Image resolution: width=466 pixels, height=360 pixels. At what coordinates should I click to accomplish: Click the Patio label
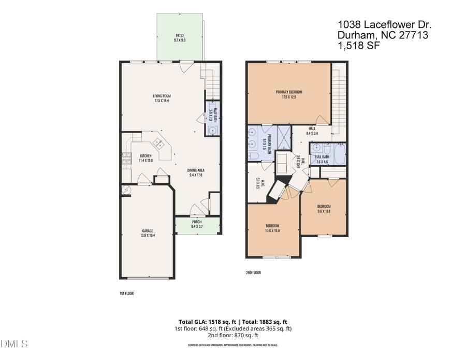[179, 37]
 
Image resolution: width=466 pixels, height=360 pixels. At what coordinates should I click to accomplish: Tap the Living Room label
[162, 98]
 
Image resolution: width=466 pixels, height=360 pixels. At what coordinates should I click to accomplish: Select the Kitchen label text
[145, 158]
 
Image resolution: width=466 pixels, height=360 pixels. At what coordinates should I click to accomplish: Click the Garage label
[148, 233]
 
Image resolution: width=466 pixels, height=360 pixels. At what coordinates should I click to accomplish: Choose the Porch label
[197, 224]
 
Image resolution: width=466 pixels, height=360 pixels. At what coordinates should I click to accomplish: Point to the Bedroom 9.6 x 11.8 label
[324, 208]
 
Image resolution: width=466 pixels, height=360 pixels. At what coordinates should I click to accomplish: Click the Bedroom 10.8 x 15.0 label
[272, 228]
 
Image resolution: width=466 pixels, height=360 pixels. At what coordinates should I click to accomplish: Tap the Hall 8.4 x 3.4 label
[312, 131]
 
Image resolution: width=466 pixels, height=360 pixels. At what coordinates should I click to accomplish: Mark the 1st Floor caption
[126, 293]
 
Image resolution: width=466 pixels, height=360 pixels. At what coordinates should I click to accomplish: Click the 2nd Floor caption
[253, 272]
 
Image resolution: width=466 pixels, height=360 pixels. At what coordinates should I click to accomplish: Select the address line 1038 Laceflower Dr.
[384, 24]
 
